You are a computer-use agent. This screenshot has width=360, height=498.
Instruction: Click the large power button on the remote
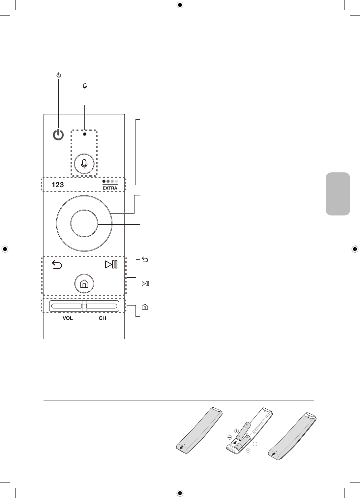[x=58, y=135]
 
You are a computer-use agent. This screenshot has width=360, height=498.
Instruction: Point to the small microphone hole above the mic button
[x=85, y=134]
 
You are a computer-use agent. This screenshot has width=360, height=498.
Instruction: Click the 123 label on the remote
[x=58, y=185]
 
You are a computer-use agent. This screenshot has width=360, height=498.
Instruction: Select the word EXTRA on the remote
[x=110, y=188]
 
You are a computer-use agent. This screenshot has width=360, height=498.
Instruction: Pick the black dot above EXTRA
[x=104, y=181]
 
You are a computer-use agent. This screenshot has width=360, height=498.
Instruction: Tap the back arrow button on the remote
[x=57, y=265]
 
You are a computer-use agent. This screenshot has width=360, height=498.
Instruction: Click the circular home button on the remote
[x=84, y=283]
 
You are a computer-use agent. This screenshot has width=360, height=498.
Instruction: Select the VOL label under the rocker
[x=68, y=319]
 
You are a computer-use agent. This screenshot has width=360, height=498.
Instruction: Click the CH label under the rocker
[x=102, y=319]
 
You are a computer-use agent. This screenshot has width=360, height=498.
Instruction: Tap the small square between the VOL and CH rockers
[x=84, y=306]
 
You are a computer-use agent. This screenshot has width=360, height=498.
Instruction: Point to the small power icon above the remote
[x=58, y=75]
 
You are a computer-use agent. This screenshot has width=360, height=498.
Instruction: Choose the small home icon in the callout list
[x=145, y=307]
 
